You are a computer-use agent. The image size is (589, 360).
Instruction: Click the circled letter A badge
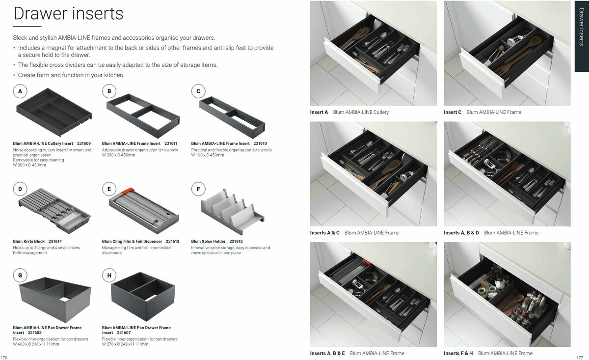[x=20, y=91]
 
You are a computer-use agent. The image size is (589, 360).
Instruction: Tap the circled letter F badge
[x=198, y=189]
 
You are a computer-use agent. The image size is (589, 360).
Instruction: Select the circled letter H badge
[x=109, y=276]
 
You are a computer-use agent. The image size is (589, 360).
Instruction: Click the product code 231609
[x=84, y=143]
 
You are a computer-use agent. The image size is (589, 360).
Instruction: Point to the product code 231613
[x=172, y=242]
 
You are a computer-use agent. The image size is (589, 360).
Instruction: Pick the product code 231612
[x=236, y=242]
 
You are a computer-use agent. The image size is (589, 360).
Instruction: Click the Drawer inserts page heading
[x=68, y=14]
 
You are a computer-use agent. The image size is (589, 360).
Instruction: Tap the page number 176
[x=4, y=357]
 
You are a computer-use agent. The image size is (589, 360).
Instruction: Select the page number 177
[x=579, y=357]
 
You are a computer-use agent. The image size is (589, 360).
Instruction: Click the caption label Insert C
[x=453, y=112]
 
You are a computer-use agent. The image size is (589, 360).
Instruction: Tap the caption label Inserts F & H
[x=458, y=353]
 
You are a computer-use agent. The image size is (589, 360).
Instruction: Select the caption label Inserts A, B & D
[x=461, y=233]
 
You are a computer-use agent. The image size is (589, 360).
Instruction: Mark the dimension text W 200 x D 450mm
[x=119, y=155]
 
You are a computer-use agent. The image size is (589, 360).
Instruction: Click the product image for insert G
[x=54, y=297]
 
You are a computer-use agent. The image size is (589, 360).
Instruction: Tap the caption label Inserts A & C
[x=324, y=233]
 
